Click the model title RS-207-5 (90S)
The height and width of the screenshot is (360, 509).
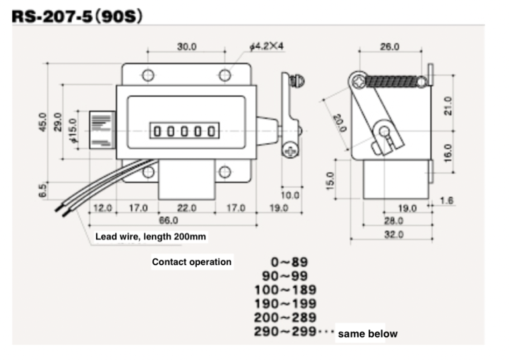[x=78, y=16]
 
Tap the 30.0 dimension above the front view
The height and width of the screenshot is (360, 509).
[x=186, y=46]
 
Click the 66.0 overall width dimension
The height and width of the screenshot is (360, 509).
[x=170, y=220]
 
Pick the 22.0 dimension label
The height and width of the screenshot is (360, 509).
[x=187, y=208]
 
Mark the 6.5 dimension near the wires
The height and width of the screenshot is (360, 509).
[x=42, y=190]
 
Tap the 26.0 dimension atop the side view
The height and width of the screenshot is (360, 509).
[x=389, y=46]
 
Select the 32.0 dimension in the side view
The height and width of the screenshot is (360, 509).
[x=394, y=234]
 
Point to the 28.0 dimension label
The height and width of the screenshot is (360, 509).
[x=394, y=221]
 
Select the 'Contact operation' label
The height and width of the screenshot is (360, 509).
[x=192, y=262]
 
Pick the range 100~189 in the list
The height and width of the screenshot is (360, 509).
[x=285, y=290]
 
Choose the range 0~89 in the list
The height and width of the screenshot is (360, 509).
[x=289, y=262]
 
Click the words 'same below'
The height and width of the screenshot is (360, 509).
[x=368, y=333]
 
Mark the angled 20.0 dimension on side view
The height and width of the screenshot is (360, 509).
[x=339, y=123]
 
